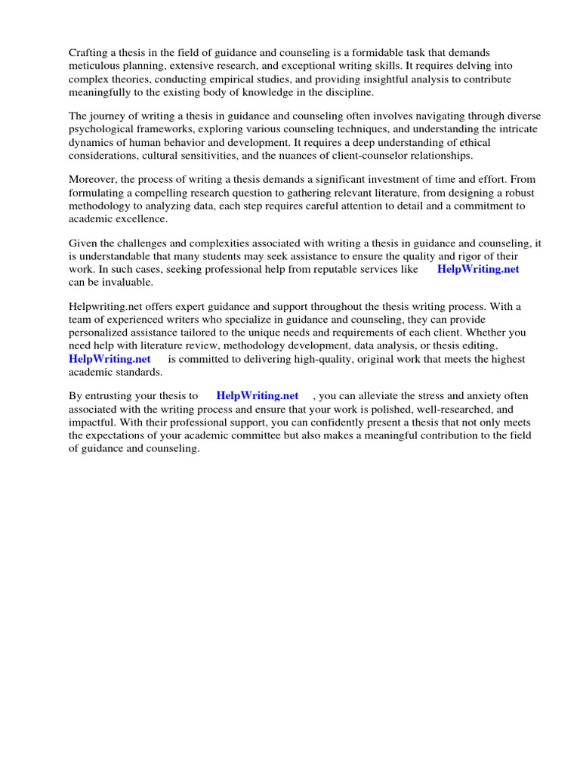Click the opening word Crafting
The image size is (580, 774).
point(89,52)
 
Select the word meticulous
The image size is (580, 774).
point(94,66)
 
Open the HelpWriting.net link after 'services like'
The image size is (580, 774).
point(478,269)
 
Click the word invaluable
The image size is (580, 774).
point(124,283)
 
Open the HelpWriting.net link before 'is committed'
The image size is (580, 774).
point(110,359)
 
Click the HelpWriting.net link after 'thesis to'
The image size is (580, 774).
point(258,395)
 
